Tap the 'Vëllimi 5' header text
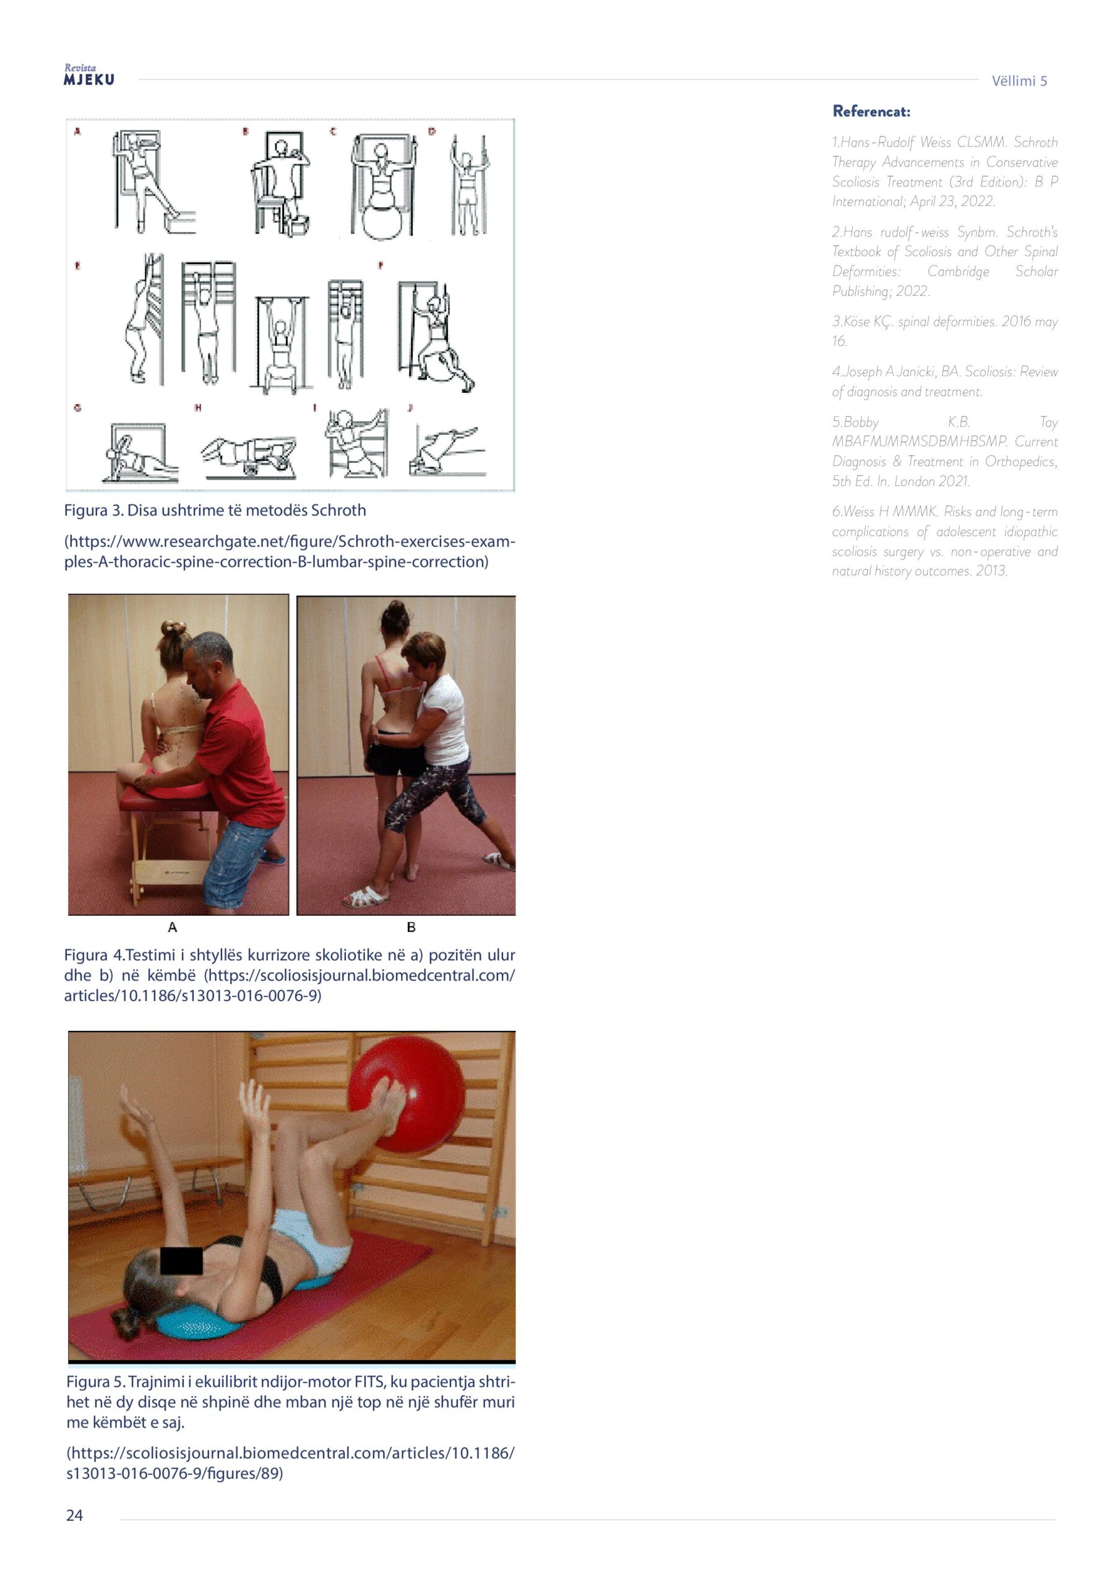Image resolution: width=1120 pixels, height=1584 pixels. (x=1019, y=80)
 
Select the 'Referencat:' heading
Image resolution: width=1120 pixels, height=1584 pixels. (x=872, y=111)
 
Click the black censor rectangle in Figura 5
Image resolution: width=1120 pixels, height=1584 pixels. (x=181, y=1260)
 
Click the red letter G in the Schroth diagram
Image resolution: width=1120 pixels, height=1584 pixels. (x=77, y=408)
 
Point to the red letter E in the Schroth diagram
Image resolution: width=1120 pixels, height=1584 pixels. (x=77, y=265)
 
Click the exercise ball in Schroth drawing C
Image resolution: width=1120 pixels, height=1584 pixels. (x=382, y=220)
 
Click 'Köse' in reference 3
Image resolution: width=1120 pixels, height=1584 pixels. (x=856, y=322)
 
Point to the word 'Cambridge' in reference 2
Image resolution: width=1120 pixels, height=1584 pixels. (x=958, y=271)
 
